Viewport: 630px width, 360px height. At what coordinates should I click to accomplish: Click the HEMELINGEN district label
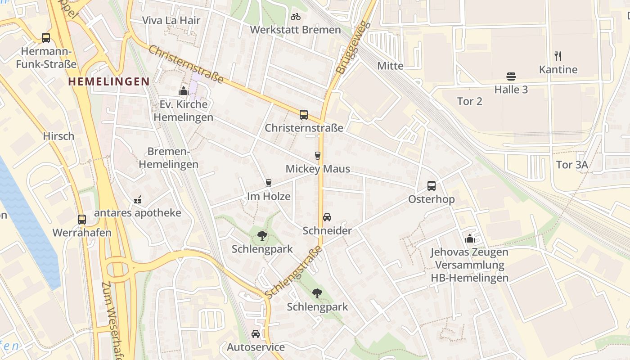click(x=108, y=81)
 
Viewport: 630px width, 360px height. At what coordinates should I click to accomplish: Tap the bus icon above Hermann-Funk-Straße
click(x=46, y=38)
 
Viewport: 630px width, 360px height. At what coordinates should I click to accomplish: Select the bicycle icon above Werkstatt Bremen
click(x=295, y=17)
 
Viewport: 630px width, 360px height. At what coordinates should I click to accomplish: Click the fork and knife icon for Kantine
click(x=558, y=56)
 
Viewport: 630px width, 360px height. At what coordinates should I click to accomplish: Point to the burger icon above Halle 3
click(x=511, y=76)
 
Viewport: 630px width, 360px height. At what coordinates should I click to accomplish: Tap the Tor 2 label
click(x=469, y=101)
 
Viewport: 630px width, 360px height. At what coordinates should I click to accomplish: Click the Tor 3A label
click(x=571, y=165)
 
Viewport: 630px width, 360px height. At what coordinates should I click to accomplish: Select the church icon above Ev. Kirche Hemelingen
click(x=183, y=91)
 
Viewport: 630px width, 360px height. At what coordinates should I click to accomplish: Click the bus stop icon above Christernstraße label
click(x=304, y=115)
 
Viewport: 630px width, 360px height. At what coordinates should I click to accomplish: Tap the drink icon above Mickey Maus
click(x=318, y=156)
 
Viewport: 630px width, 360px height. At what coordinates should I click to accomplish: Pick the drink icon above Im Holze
click(x=269, y=183)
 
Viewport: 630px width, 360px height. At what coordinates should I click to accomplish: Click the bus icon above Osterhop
click(x=431, y=186)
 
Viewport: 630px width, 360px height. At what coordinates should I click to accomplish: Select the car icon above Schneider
click(x=327, y=217)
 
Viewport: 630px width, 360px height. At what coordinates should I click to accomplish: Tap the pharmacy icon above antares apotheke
click(x=138, y=199)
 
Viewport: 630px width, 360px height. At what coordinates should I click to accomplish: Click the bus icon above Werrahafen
click(x=81, y=220)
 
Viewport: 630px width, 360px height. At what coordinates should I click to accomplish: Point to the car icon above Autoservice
click(x=256, y=334)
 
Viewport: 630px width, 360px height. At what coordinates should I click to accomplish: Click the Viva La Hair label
click(x=171, y=20)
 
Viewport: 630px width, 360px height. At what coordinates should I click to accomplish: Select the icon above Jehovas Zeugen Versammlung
click(x=469, y=238)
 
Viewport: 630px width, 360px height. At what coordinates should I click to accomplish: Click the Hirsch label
click(x=58, y=136)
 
